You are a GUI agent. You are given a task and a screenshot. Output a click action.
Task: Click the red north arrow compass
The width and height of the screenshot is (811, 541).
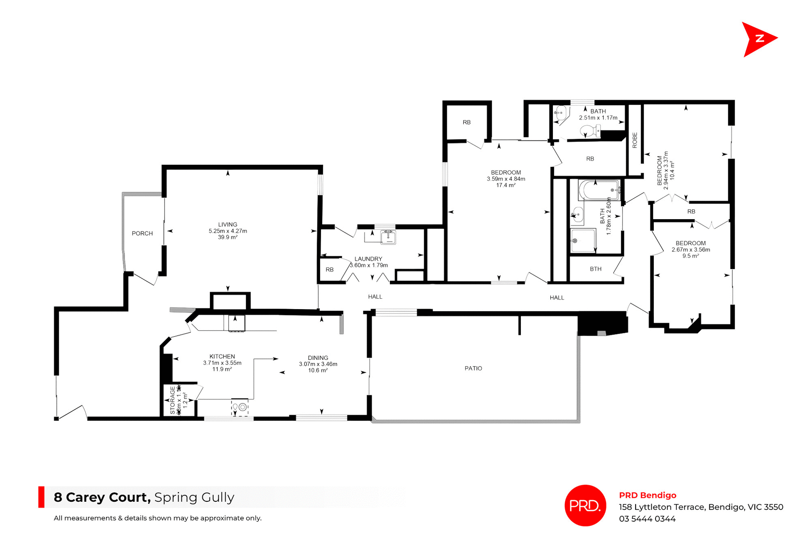click(x=759, y=39)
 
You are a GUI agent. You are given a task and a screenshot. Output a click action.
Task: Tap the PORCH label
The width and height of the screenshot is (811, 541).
click(x=142, y=233)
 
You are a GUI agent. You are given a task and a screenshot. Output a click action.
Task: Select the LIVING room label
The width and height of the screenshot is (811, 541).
click(x=228, y=224)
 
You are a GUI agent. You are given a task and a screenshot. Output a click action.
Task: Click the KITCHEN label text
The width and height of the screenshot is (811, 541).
click(x=222, y=356)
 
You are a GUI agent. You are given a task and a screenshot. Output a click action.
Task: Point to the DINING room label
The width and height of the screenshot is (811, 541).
click(x=318, y=358)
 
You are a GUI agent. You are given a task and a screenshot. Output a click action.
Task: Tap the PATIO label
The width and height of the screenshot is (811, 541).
click(x=473, y=368)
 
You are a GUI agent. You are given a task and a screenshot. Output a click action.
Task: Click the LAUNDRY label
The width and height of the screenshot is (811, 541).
click(x=368, y=259)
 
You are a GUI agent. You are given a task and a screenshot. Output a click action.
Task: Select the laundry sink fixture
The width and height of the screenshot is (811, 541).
click(x=388, y=237)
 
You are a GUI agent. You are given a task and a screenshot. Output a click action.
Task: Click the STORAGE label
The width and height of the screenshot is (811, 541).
click(x=172, y=400)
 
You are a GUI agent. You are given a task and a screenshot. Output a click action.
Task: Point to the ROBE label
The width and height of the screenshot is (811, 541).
click(x=634, y=140)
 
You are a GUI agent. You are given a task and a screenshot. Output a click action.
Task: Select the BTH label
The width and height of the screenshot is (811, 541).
click(x=596, y=269)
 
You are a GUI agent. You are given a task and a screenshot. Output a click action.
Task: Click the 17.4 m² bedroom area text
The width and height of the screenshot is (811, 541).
click(x=506, y=185)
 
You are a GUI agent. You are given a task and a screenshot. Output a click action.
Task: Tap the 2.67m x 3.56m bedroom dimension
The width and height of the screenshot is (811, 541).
click(x=691, y=250)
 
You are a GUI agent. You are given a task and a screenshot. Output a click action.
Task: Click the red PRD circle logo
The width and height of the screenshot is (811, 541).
click(x=585, y=505)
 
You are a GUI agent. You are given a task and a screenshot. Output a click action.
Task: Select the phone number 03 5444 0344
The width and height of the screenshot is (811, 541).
click(x=647, y=519)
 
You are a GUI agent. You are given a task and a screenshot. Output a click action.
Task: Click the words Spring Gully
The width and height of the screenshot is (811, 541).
click(x=194, y=497)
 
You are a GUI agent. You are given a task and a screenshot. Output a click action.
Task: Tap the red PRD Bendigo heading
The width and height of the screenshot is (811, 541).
click(x=648, y=495)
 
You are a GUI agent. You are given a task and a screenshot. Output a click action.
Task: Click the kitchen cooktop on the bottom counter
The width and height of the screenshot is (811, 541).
click(x=240, y=407)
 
